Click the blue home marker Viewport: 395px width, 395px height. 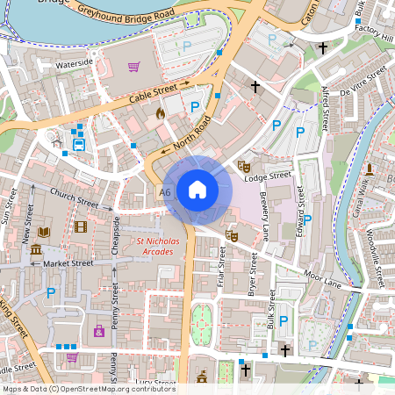click(197, 190)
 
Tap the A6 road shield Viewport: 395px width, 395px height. click(165, 191)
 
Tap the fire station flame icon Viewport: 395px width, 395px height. click(160, 112)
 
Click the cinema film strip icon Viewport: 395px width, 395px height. click(81, 227)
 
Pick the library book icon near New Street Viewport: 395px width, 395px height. click(45, 232)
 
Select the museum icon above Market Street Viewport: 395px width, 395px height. click(35, 250)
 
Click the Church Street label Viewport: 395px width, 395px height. click(74, 197)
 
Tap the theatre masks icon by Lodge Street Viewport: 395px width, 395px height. click(246, 164)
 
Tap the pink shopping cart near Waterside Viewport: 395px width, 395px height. click(133, 66)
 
